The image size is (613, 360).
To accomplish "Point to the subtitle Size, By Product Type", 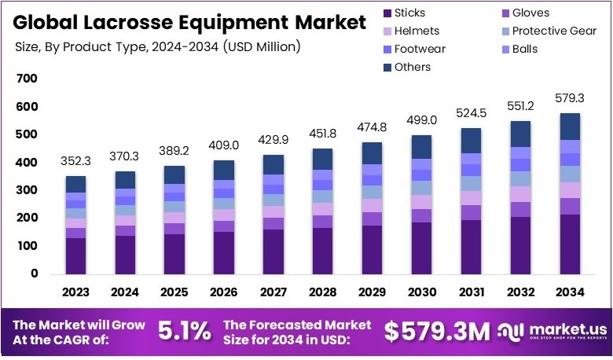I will [158, 47].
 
